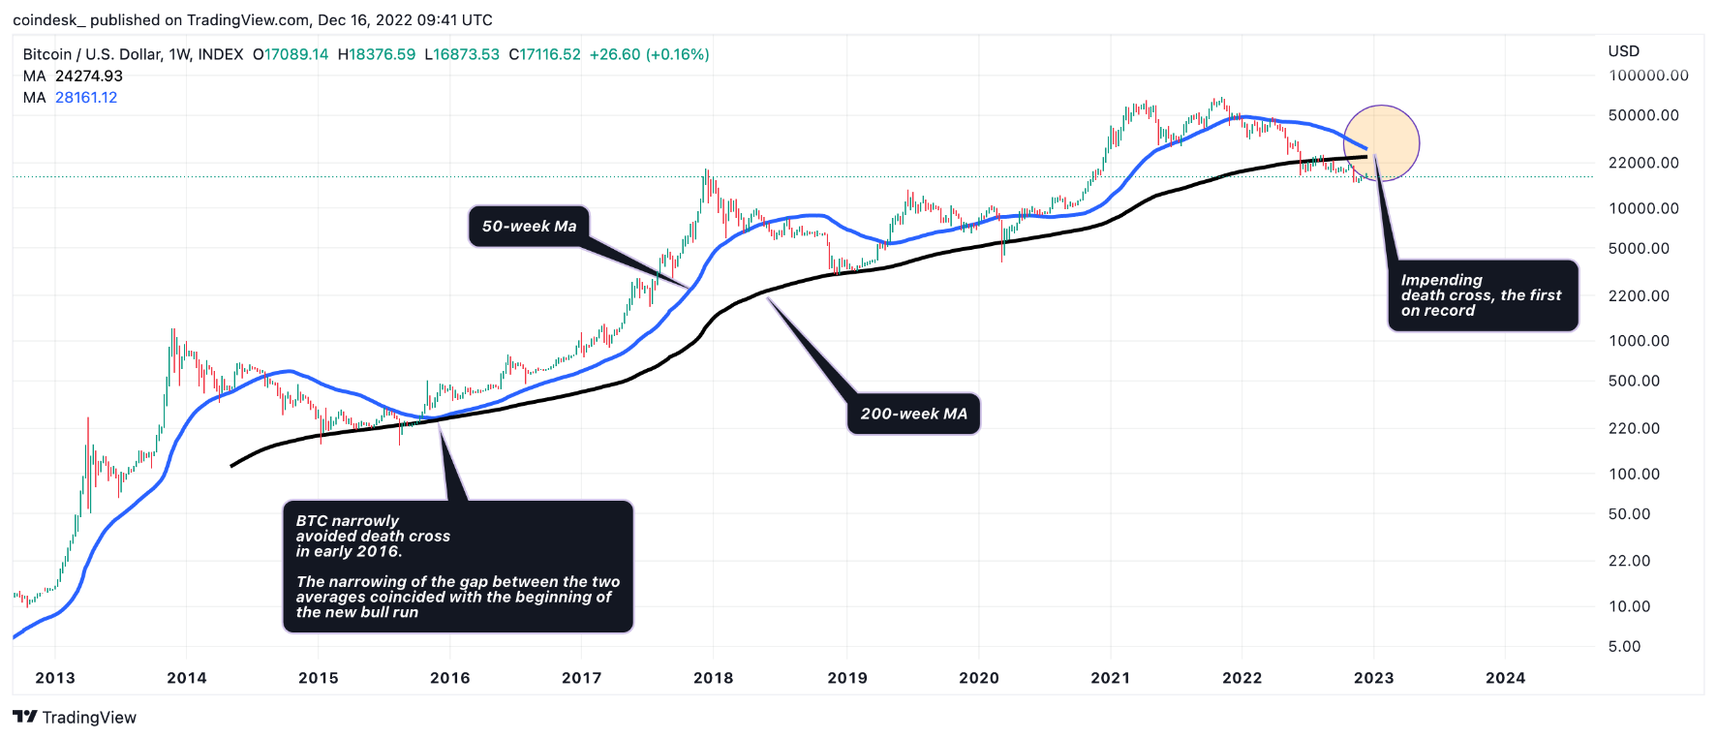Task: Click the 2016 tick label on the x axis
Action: coord(449,678)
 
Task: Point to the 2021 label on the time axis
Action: coord(1110,678)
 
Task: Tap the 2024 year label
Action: coord(1505,678)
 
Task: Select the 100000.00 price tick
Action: coord(1648,76)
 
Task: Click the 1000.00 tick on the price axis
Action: coord(1639,341)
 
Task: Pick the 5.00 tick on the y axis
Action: coord(1624,646)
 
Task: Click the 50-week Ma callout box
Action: coord(529,227)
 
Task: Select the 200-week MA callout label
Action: coord(913,414)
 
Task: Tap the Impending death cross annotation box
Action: coord(1482,295)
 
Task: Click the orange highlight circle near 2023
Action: coord(1382,143)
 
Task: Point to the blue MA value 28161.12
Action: coord(86,98)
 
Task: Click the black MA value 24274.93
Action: coord(89,77)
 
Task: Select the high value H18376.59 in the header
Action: coord(377,55)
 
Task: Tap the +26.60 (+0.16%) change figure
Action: coord(649,55)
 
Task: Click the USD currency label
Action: coord(1624,51)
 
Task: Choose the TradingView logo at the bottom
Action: coord(75,718)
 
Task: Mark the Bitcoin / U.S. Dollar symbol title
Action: coord(93,55)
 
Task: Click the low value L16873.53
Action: coord(462,55)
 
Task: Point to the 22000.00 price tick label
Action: coord(1643,163)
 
